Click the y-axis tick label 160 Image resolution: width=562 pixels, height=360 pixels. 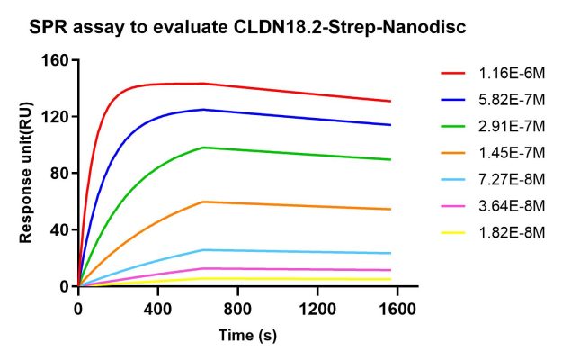56,60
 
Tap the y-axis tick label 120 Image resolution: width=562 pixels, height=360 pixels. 56,117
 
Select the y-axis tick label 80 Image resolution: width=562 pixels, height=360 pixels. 60,173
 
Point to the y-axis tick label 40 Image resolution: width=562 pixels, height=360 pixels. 60,229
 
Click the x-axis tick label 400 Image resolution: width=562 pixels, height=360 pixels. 158,308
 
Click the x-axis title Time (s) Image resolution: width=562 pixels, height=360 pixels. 247,336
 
